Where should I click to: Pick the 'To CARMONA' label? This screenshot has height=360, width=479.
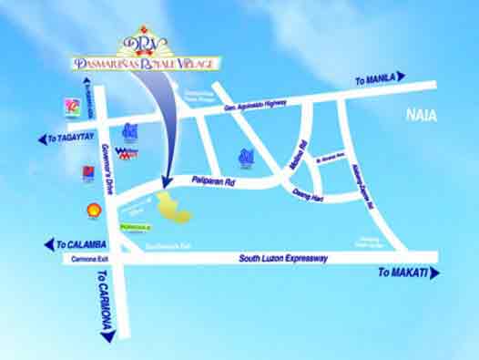(x=105, y=300)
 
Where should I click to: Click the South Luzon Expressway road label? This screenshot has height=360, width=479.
(x=283, y=260)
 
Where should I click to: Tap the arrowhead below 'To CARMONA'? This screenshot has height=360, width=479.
(x=108, y=336)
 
